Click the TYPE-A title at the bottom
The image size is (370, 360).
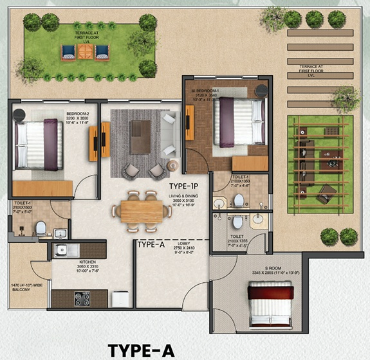click(x=141, y=350)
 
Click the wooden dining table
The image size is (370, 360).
click(x=141, y=211)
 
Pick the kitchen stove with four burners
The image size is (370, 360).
click(x=84, y=298)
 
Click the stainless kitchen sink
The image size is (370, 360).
click(x=66, y=250)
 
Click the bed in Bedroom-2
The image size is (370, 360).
click(x=38, y=145)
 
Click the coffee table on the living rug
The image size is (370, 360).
click(x=140, y=136)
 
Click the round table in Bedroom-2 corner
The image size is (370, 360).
click(x=19, y=114)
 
